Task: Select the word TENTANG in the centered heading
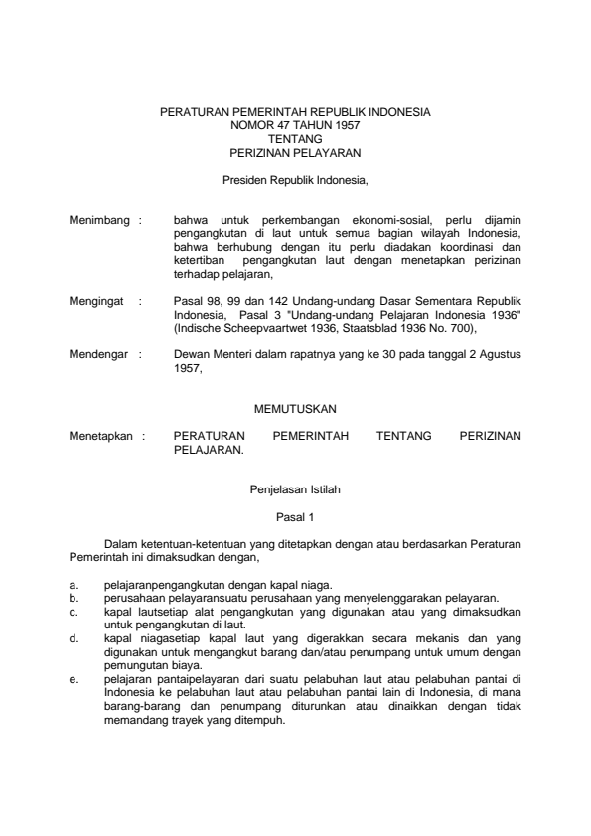pos(295,140)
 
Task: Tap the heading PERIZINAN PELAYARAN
pos(295,153)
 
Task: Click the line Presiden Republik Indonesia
pos(295,181)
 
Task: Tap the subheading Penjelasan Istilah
pos(295,489)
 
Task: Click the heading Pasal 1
pos(295,517)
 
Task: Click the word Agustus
pos(500,353)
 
